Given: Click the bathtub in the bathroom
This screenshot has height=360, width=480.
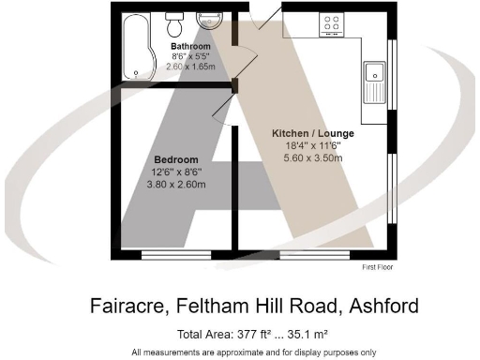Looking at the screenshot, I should [x=137, y=47].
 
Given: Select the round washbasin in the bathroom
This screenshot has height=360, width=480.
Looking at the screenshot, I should [x=206, y=21].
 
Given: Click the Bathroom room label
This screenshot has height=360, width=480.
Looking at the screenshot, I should [x=189, y=45].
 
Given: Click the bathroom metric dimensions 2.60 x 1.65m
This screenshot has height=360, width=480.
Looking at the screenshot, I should [x=190, y=67].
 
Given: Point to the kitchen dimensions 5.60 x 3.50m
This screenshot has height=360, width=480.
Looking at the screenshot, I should [x=315, y=157].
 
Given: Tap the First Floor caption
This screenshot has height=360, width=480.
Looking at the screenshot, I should [x=380, y=267].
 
